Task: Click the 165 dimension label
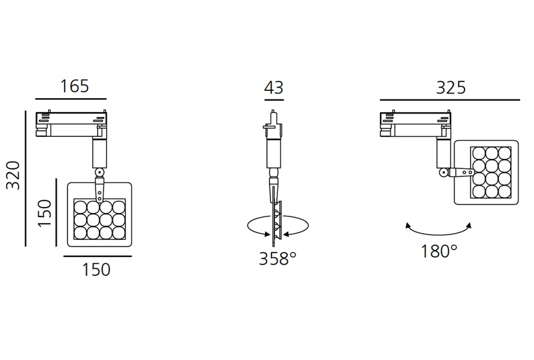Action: [75, 86]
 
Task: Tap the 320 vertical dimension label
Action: [14, 175]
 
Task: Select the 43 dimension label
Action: [274, 87]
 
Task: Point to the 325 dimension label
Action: [451, 87]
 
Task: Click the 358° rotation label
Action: [278, 258]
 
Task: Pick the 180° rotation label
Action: [439, 252]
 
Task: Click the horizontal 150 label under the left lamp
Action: [96, 270]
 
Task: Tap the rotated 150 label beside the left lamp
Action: [45, 213]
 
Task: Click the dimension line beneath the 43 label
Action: [274, 100]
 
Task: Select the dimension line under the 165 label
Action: [71, 100]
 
